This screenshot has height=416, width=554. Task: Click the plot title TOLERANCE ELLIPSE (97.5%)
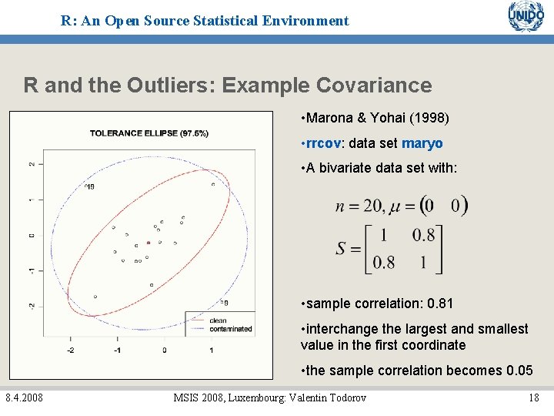149,133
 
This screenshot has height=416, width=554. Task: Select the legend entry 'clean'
218,320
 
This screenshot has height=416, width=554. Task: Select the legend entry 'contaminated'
230,329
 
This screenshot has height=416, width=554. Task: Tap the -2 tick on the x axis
71,350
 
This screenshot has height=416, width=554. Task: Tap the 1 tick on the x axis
211,350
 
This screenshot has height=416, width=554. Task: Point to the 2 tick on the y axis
32,164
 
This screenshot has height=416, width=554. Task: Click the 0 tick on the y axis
32,235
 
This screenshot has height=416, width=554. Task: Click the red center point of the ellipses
148,243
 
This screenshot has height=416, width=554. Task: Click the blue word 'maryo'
422,143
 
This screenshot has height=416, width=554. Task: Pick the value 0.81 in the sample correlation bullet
439,304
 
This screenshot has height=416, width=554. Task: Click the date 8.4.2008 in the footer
24,398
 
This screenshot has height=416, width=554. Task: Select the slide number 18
533,398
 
